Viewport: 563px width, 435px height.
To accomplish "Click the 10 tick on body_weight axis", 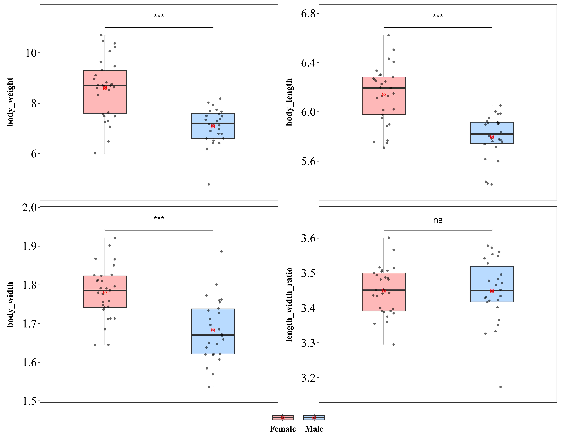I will (x=31, y=53).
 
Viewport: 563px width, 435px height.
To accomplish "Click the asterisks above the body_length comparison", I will (x=438, y=16).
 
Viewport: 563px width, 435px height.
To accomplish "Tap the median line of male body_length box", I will (x=492, y=134).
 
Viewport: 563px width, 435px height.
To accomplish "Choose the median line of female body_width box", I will (x=105, y=290).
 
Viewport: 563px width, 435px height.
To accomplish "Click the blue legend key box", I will (x=314, y=417).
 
